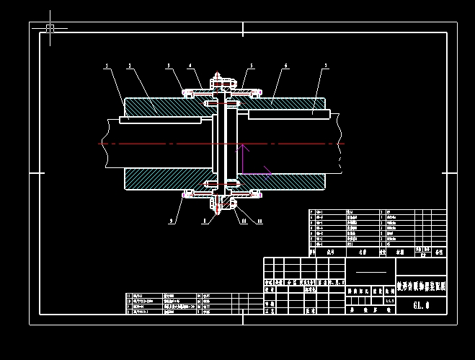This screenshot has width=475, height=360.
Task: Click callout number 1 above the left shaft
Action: click(106, 66)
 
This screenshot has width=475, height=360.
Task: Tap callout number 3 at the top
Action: click(169, 66)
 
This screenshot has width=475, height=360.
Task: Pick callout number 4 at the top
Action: click(191, 66)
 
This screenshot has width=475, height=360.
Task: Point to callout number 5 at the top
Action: click(251, 66)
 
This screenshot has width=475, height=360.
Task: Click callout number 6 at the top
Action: click(286, 66)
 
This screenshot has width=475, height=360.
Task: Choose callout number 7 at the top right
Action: click(326, 66)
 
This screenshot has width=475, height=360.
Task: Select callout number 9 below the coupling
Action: click(172, 221)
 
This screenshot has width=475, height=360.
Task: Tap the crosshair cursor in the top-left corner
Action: click(50, 28)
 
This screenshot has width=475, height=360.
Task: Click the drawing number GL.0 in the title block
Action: click(421, 304)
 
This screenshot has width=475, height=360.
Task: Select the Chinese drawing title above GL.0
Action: click(422, 286)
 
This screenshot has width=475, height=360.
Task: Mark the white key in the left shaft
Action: click(160, 120)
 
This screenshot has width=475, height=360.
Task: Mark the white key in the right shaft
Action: click(288, 113)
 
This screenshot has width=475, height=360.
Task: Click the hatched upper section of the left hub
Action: click(166, 105)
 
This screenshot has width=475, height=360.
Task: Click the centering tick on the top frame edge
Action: click(243, 29)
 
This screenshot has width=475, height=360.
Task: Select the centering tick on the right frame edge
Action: click(450, 173)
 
